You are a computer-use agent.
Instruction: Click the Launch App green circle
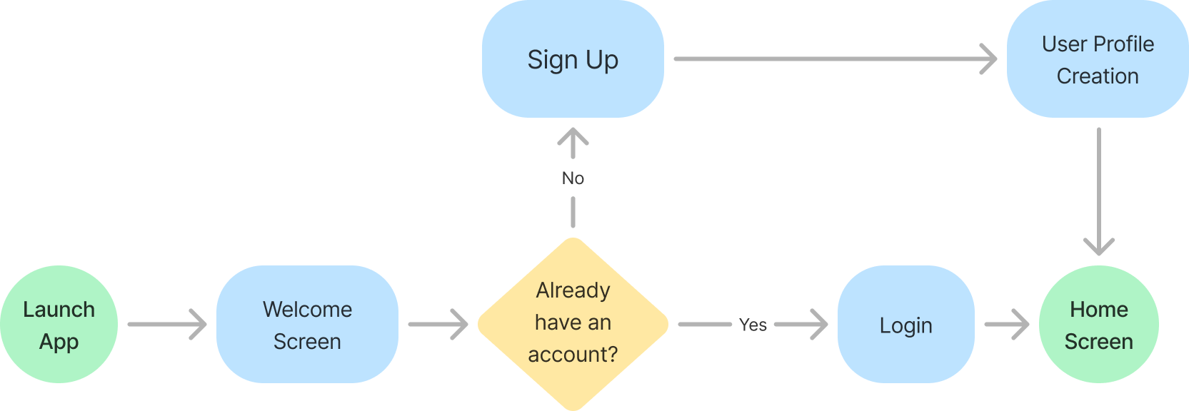click(59, 325)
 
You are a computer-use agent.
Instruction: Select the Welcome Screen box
click(307, 325)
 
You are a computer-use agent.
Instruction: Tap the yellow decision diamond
click(573, 323)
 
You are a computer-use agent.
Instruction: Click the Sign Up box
click(573, 59)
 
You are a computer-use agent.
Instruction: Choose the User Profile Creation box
click(1098, 59)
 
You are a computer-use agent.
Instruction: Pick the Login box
click(905, 325)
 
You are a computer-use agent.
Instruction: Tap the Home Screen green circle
click(1098, 325)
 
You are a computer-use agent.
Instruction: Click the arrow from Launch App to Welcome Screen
click(167, 325)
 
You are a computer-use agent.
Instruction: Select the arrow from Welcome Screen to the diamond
click(438, 325)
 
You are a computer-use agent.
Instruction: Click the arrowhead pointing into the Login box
click(814, 325)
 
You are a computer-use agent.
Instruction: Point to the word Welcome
click(307, 309)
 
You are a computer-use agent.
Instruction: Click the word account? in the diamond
click(573, 354)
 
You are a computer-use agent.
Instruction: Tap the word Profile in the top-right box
click(1128, 44)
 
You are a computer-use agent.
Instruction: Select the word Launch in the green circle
click(59, 309)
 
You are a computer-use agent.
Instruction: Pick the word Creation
click(1098, 76)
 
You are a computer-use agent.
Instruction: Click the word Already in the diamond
click(573, 290)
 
